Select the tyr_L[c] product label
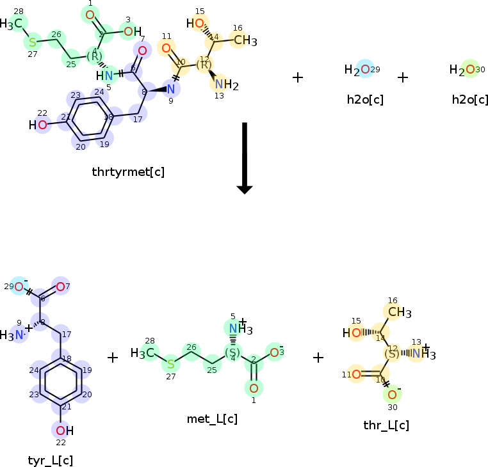tap(51, 460)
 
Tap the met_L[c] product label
tap(213, 419)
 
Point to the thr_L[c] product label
tap(386, 425)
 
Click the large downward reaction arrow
tap(245, 157)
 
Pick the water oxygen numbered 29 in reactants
tap(365, 70)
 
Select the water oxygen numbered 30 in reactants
tap(470, 70)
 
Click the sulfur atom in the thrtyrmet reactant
tap(32, 42)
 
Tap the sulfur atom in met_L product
tap(170, 365)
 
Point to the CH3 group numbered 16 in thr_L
tap(399, 312)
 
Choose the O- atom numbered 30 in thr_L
tap(392, 394)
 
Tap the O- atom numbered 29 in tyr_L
tap(20, 286)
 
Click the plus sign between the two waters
tap(402, 77)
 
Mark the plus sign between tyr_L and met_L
tap(113, 358)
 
